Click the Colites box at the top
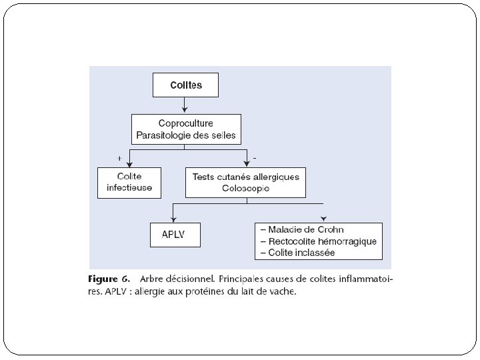pos(186,85)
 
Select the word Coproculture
pos(186,123)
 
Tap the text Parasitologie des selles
pos(186,135)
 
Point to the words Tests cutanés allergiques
pos(246,177)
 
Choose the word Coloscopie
pos(246,188)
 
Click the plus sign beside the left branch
pos(119,158)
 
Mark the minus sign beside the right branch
pos(255,158)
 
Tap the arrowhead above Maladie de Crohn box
pos(324,219)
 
